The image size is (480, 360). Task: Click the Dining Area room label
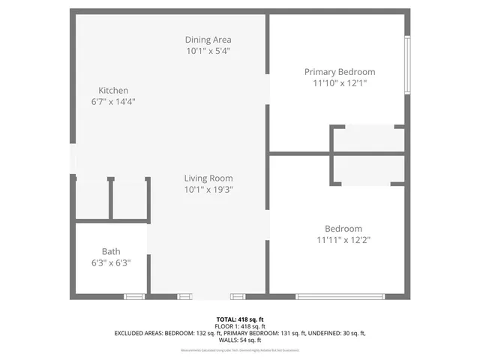pyautogui.click(x=208, y=40)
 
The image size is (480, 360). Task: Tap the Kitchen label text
pyautogui.click(x=113, y=91)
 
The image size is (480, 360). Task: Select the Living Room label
pyautogui.click(x=208, y=178)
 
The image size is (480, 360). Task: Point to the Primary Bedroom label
pyautogui.click(x=339, y=72)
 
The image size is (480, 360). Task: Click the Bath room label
pyautogui.click(x=111, y=252)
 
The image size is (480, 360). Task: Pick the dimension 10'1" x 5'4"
pyautogui.click(x=208, y=52)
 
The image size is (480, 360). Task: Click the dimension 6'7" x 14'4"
pyautogui.click(x=113, y=102)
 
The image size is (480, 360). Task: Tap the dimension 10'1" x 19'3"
pyautogui.click(x=208, y=190)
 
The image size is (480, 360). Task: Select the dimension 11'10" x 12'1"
pyautogui.click(x=339, y=83)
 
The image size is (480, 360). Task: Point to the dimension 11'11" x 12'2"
pyautogui.click(x=343, y=240)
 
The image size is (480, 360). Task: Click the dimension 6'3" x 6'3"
pyautogui.click(x=111, y=263)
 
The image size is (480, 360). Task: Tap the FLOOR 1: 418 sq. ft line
pyautogui.click(x=240, y=326)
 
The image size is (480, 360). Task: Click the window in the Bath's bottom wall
pyautogui.click(x=134, y=297)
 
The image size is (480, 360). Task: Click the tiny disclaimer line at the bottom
pyautogui.click(x=240, y=350)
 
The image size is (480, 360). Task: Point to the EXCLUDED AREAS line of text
pyautogui.click(x=240, y=333)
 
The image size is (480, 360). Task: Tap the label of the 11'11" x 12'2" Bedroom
pyautogui.click(x=343, y=229)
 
